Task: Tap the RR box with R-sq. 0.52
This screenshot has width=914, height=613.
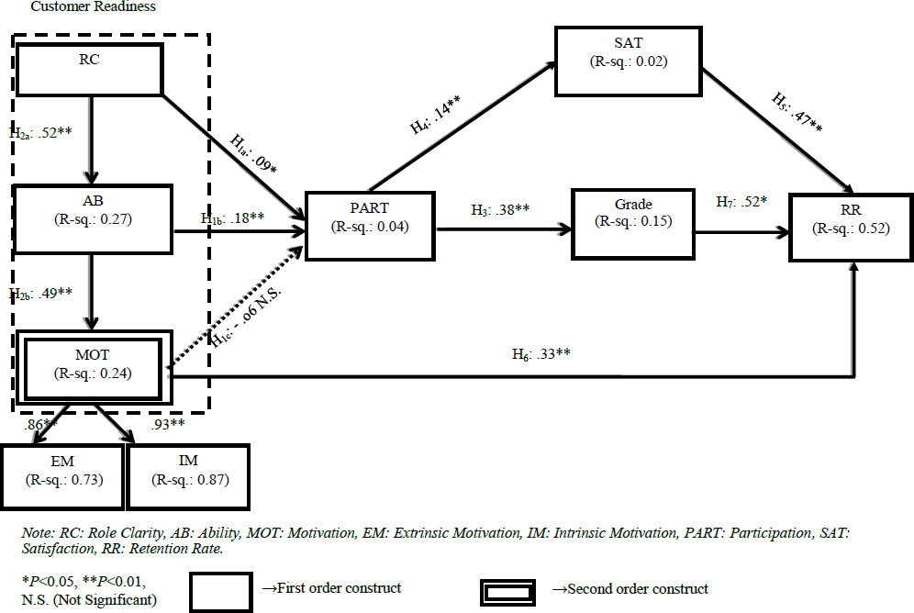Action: (x=851, y=224)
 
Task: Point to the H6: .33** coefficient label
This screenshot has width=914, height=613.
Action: (x=542, y=352)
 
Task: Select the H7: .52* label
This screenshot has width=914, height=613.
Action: (x=741, y=203)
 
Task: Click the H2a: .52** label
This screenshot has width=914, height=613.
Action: (x=40, y=132)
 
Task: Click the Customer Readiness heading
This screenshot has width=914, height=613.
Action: (x=92, y=6)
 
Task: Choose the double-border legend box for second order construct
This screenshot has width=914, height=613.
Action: (x=515, y=588)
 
